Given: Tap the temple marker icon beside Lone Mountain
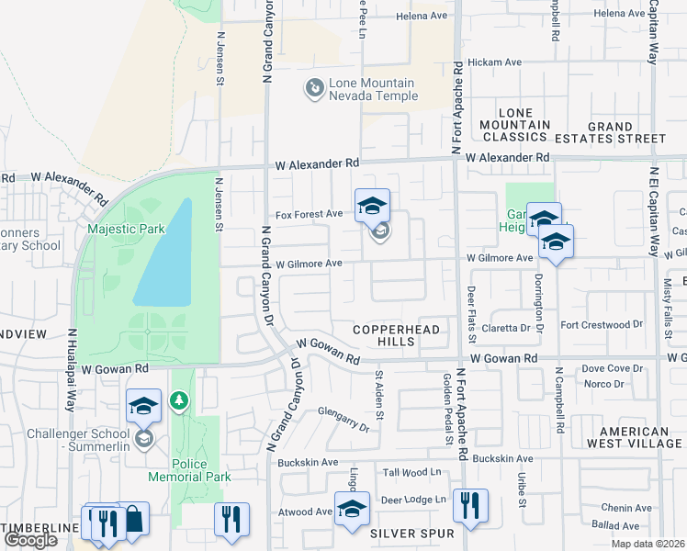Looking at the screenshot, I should coord(315,88).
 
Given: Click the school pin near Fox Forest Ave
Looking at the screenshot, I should coord(372,206).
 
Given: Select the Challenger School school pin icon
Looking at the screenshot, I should coord(143,405).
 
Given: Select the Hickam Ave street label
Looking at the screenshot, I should coord(494,62).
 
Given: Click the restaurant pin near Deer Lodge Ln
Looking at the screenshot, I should coord(470,504).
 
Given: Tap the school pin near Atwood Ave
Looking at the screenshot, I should coord(352,509).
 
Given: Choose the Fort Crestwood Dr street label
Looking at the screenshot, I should coord(602,324).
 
